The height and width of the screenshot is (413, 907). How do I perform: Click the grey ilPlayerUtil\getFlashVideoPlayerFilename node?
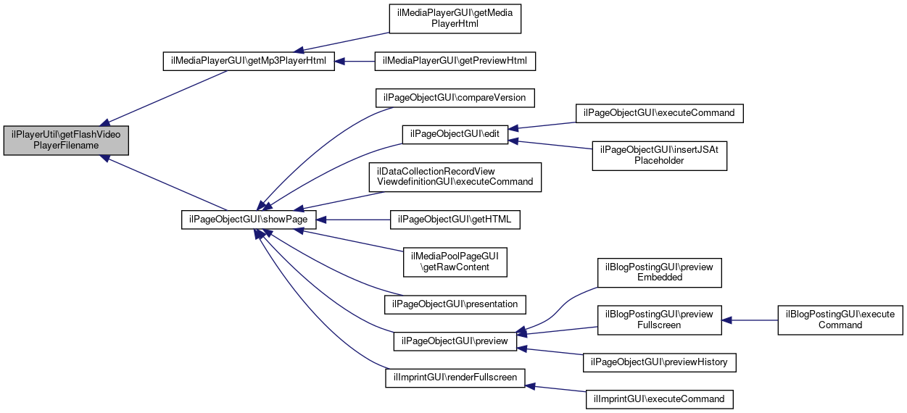[x=66, y=141]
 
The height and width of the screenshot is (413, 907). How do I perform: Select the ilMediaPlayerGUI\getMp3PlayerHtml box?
[x=249, y=61]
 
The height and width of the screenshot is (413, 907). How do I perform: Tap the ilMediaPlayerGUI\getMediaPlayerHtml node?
[x=455, y=19]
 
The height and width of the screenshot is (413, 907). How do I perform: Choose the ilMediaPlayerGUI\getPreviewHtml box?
[x=455, y=61]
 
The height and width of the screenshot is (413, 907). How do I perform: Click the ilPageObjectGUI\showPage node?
[x=249, y=220]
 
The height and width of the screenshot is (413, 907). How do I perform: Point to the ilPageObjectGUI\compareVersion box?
[x=455, y=98]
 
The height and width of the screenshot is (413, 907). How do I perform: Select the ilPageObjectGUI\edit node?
[x=455, y=134]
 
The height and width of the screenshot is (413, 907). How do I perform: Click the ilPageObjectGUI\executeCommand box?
[x=659, y=113]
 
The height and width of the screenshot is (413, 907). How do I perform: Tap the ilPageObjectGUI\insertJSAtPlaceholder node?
[x=659, y=156]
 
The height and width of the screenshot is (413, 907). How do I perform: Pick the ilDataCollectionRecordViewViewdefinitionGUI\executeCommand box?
[x=455, y=178]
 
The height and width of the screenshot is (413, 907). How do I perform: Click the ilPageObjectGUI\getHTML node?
[x=455, y=220]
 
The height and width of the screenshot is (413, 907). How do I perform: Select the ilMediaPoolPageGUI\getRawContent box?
[x=455, y=262]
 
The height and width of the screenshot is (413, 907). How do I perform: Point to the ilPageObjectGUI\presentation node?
[x=455, y=304]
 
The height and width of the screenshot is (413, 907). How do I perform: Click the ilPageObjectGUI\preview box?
[x=455, y=341]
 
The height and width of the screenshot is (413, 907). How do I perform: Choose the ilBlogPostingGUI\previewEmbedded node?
[x=659, y=272]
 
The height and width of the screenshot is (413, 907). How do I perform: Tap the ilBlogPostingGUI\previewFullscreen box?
[x=659, y=320]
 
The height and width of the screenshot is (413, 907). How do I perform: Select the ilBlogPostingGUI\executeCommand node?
[x=840, y=320]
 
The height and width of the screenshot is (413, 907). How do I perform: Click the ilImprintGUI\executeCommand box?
[x=659, y=399]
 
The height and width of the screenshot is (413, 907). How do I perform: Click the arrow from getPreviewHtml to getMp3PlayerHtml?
[x=355, y=62]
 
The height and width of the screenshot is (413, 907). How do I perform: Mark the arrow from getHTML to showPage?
[x=353, y=220]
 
